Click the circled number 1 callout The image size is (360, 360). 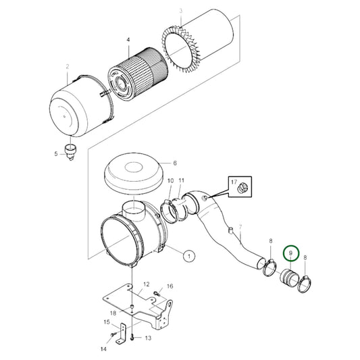pos(189,256)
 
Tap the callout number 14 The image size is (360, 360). pos(103,349)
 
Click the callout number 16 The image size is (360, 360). pos(170,287)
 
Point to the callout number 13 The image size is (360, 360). pos(149,338)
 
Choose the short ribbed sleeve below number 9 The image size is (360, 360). pos(291,278)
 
